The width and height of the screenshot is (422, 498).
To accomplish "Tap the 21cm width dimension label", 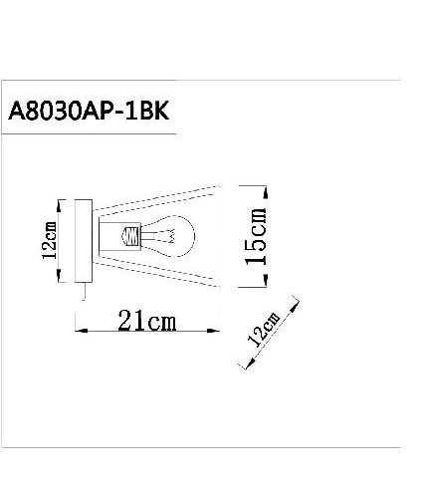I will click(147, 322).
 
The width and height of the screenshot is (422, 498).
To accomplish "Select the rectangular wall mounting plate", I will click(85, 239).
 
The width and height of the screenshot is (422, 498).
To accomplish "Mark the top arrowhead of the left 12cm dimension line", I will click(62, 203).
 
